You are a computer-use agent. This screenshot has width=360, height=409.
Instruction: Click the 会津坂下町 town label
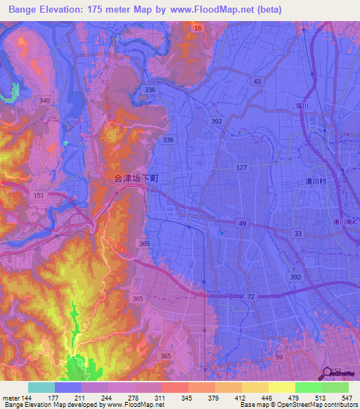[136, 179]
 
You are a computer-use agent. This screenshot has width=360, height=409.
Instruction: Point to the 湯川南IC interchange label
[345, 222]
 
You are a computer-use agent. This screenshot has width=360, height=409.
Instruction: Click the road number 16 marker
[198, 28]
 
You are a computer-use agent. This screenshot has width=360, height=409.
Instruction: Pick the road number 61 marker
[258, 82]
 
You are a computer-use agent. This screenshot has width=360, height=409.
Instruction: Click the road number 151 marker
[39, 195]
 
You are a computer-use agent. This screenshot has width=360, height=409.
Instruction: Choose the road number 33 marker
[297, 233]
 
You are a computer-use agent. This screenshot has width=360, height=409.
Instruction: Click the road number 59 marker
[279, 358]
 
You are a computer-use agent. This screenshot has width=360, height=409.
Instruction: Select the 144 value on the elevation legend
[27, 397]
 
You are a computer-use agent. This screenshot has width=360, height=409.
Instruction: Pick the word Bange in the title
[25, 9]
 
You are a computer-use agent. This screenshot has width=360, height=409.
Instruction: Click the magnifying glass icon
[328, 375]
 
